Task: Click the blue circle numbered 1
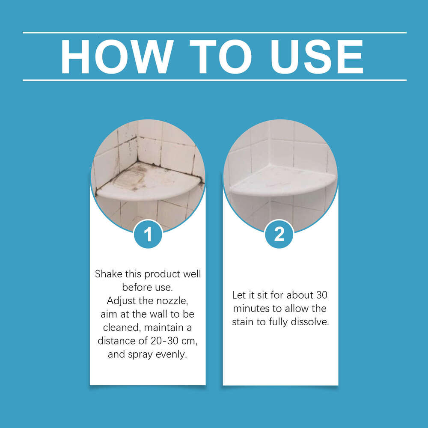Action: (148, 234)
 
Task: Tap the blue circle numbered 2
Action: (279, 234)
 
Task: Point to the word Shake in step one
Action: (108, 274)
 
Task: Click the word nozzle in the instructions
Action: (171, 301)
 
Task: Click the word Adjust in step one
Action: (120, 301)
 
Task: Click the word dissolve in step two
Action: (311, 322)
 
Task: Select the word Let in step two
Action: (238, 295)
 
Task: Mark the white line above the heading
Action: (214, 33)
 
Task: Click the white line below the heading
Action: (214, 80)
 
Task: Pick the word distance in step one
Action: (115, 341)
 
